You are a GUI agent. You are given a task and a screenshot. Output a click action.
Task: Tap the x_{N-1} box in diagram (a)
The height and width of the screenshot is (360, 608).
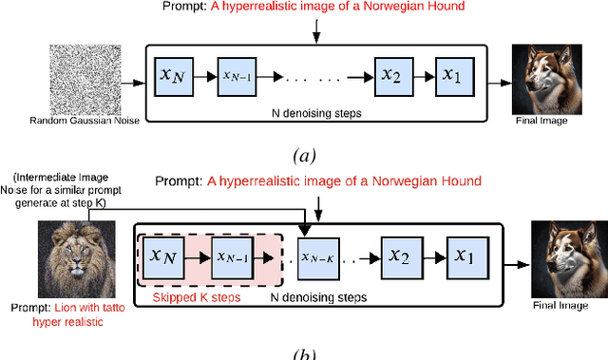241,74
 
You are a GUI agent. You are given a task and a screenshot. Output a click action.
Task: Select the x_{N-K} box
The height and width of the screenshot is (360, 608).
319,256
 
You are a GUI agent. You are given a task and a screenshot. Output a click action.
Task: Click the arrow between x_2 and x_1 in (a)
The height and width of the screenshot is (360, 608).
423,74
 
